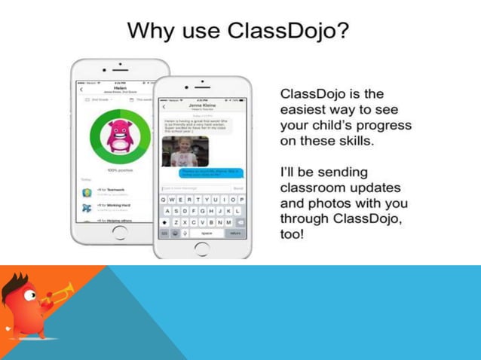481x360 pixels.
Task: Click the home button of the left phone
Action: pyautogui.click(x=120, y=232)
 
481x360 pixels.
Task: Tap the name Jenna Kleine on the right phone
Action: pyautogui.click(x=202, y=107)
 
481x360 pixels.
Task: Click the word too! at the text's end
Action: pyautogui.click(x=293, y=233)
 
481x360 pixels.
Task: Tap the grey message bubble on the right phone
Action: pyautogui.click(x=198, y=126)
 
